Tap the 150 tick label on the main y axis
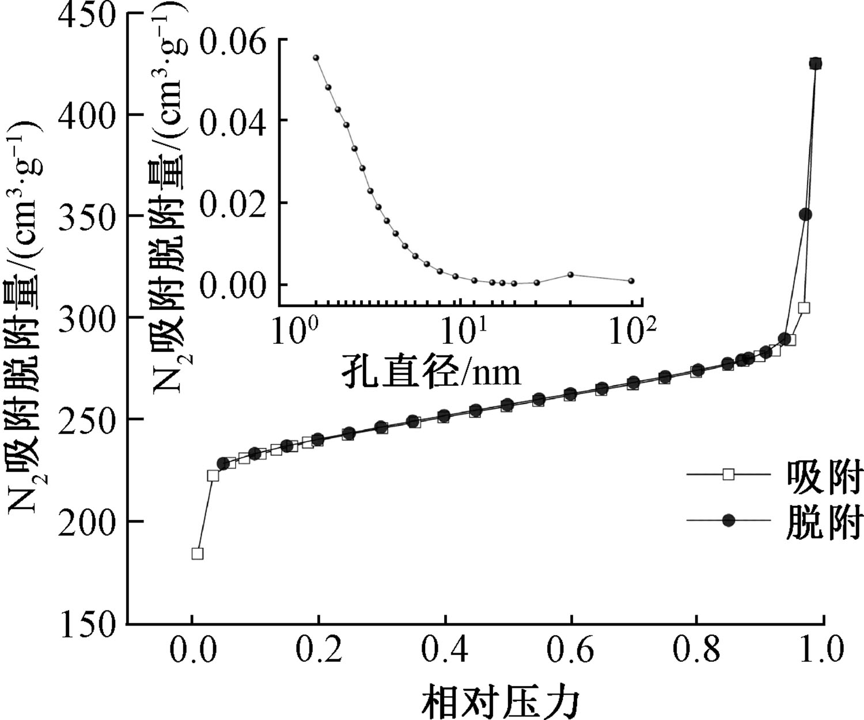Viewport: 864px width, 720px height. point(86,623)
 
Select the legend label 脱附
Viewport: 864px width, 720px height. point(824,522)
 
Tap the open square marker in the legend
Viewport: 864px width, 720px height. point(729,475)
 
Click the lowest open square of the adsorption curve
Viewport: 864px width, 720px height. point(198,554)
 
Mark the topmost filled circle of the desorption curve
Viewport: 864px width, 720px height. point(816,63)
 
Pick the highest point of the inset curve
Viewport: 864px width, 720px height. point(316,58)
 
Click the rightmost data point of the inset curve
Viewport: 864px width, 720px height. point(631,281)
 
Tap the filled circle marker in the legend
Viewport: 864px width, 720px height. point(729,521)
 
